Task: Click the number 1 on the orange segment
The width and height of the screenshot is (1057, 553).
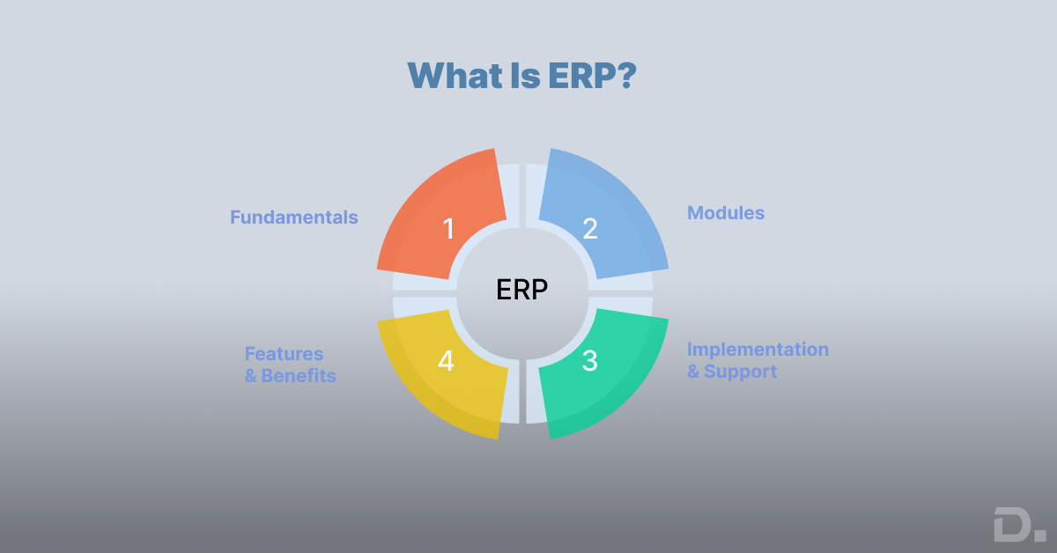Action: tap(448, 229)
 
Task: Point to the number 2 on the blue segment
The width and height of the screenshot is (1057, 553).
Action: tap(590, 229)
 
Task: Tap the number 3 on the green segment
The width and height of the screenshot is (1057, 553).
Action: tap(590, 361)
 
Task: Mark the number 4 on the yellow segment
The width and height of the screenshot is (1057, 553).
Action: tap(447, 361)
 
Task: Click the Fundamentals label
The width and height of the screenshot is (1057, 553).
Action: tap(294, 217)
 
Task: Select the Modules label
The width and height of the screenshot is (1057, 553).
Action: tap(726, 213)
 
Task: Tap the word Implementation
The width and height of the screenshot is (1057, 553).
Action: tap(758, 350)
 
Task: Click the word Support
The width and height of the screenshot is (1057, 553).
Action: tap(740, 372)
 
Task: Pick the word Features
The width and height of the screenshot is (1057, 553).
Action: tap(284, 354)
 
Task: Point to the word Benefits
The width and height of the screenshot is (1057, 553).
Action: tap(299, 376)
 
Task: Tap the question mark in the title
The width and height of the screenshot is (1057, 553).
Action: tap(625, 76)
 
